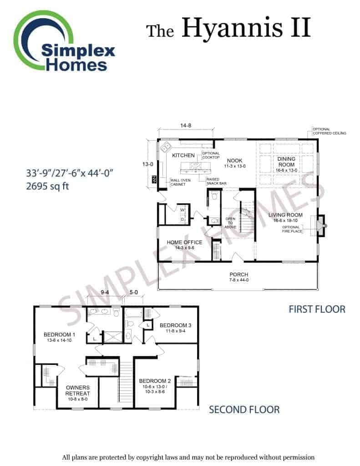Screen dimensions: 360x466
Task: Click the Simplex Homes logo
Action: coord(64,41)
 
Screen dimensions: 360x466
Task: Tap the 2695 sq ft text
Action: coord(48,186)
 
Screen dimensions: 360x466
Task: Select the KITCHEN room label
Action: coord(183,155)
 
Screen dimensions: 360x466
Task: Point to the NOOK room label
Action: coord(235,161)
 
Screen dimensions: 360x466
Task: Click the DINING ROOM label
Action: coord(286,162)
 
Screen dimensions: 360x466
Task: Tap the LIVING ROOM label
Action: coord(285,215)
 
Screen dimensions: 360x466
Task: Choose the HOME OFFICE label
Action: coord(184,242)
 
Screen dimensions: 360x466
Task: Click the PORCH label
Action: coord(239,274)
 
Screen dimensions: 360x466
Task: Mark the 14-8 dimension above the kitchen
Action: coord(186,126)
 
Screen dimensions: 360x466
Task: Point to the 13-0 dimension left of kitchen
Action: coord(148,164)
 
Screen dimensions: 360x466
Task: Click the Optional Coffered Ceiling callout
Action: coord(330,132)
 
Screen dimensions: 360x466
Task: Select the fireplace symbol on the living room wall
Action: coord(321,226)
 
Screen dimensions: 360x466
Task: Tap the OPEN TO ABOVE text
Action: coord(230,223)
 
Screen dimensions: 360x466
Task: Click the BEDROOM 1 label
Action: coord(60,334)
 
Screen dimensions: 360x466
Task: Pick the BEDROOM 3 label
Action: coord(175,325)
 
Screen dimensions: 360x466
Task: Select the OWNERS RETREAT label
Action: coord(78,390)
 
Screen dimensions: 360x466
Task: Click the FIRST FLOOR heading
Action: coord(317,309)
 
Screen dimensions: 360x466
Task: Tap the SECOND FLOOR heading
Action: coord(244,410)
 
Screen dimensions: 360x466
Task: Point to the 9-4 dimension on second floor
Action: coord(105,293)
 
